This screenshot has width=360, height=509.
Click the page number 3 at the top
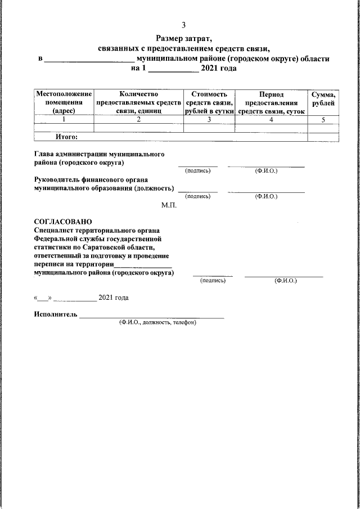coord(183,25)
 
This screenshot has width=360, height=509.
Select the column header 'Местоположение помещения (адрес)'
coord(64,102)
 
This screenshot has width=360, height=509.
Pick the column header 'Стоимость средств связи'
coord(209,102)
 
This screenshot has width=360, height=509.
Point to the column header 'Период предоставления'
coord(271,102)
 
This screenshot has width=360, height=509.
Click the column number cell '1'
coord(64,120)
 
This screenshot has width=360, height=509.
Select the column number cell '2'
coord(138,120)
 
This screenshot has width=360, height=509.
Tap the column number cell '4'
coord(271,120)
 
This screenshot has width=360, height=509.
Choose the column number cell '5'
coord(323,120)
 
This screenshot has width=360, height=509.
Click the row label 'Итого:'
coord(66,136)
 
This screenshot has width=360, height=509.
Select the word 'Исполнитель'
coord(55,314)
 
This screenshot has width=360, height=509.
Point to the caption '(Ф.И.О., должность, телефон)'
coord(157,323)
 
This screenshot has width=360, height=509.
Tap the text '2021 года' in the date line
coord(113,297)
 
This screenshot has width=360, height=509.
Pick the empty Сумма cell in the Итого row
coord(323,136)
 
